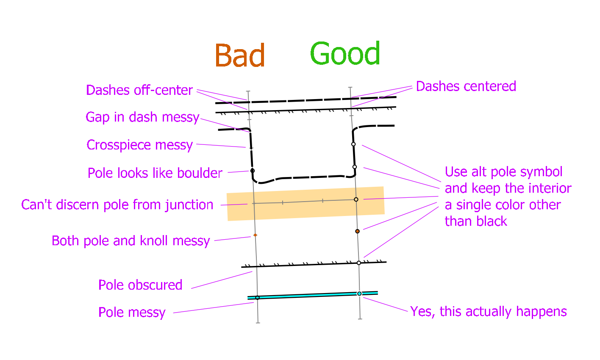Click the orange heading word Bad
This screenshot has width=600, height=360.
(x=240, y=55)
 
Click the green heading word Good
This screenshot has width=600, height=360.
(x=345, y=53)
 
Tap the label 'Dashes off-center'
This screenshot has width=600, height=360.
(x=139, y=90)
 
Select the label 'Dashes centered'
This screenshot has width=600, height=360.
(x=466, y=86)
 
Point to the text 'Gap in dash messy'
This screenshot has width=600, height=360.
(x=142, y=117)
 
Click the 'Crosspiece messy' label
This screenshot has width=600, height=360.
(x=140, y=145)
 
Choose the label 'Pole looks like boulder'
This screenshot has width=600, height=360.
(x=155, y=173)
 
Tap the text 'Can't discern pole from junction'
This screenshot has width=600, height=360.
(x=117, y=205)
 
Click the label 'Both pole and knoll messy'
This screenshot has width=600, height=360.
(x=131, y=241)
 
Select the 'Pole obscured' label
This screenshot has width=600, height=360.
(x=140, y=285)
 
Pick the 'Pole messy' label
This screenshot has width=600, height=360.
(x=132, y=312)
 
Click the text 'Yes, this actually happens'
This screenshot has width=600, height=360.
(x=489, y=311)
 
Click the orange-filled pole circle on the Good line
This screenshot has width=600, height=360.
(x=358, y=231)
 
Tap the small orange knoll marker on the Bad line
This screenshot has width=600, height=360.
(x=255, y=235)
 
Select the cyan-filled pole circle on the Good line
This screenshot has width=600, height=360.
(x=359, y=294)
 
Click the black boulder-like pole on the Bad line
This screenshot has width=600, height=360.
(x=253, y=171)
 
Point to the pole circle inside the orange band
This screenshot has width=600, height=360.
(x=356, y=199)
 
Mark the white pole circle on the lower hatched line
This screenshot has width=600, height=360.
(x=359, y=263)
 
